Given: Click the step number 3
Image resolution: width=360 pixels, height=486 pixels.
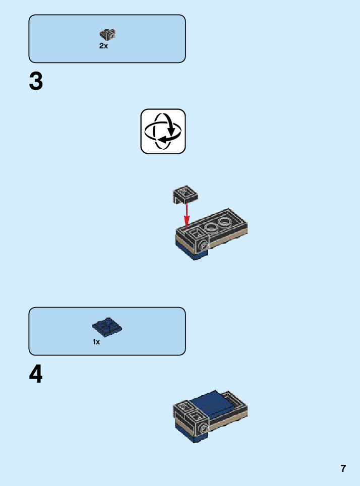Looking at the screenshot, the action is coord(36,82).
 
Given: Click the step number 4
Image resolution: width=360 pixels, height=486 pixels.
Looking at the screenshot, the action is coord(36,375).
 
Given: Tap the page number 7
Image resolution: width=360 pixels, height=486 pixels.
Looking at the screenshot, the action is coord(343,468).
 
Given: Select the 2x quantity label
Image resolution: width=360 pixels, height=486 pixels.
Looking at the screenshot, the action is coord(103,46).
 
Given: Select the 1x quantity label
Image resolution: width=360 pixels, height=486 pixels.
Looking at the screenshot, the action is coord(96,342).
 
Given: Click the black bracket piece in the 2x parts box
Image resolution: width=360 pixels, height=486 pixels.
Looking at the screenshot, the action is coord(107,34).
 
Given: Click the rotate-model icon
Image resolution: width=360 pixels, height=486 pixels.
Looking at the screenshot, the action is coord(163,131).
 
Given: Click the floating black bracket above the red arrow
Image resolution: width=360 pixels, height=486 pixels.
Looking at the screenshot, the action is coord(185,193).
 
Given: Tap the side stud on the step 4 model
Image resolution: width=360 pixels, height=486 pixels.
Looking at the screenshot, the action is coord(204,429).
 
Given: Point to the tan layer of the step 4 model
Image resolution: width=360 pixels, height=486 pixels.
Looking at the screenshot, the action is coord(229,421).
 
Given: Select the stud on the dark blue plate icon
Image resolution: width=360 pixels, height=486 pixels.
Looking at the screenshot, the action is coord(107,320).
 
